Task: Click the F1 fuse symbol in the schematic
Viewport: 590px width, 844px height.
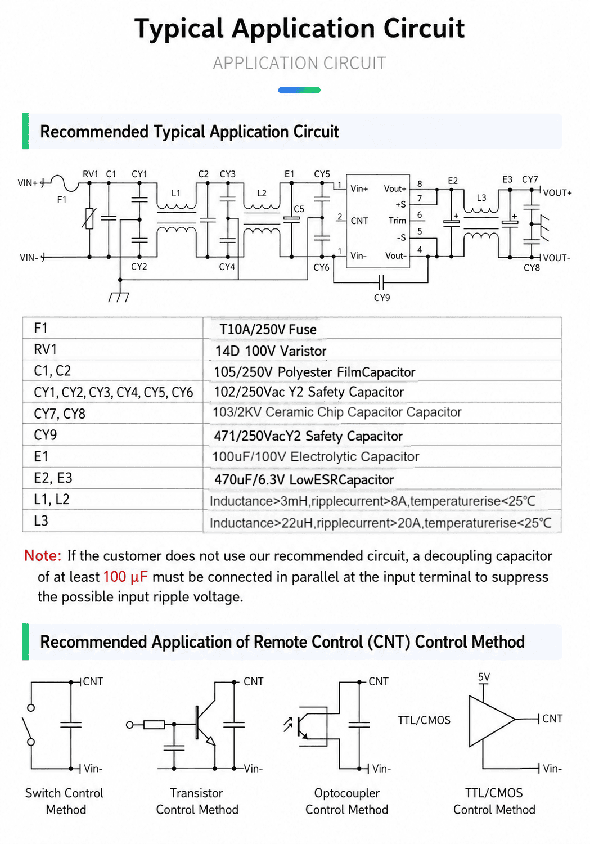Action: click(x=64, y=183)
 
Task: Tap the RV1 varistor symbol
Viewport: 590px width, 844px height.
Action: click(x=89, y=218)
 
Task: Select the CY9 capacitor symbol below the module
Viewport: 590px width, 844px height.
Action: click(x=381, y=281)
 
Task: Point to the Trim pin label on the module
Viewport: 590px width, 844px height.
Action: click(x=397, y=221)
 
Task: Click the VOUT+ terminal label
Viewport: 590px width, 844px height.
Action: click(x=557, y=193)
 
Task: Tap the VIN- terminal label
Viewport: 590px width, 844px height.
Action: click(x=29, y=258)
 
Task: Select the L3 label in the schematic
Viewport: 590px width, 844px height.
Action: click(x=481, y=198)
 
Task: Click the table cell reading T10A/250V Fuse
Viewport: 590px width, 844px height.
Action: click(x=268, y=329)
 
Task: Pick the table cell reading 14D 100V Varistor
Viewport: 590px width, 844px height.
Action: click(x=271, y=351)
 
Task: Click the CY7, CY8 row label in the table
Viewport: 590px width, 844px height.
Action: click(x=60, y=414)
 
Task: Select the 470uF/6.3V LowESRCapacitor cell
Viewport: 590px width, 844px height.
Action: click(x=304, y=479)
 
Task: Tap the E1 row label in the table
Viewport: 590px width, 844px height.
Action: click(x=41, y=457)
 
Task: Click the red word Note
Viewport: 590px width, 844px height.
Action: click(x=43, y=556)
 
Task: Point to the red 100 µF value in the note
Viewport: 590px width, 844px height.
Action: click(x=125, y=577)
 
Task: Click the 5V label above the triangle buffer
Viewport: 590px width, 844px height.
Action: click(x=484, y=677)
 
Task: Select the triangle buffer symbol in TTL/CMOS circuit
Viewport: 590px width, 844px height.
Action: click(x=492, y=720)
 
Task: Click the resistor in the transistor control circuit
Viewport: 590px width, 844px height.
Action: click(x=154, y=725)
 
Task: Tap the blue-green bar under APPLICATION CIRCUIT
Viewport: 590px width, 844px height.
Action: click(x=299, y=90)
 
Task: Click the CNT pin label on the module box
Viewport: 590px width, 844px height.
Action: click(x=359, y=221)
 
